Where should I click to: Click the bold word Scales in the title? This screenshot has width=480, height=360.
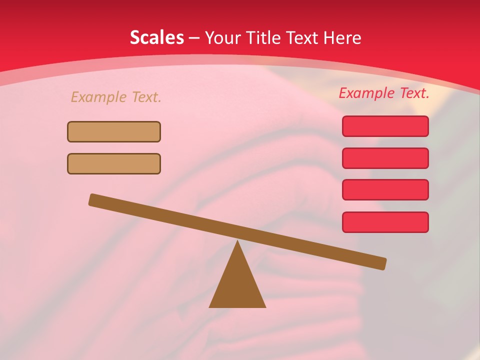tap(156, 37)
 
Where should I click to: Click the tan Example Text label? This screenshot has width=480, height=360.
tap(116, 97)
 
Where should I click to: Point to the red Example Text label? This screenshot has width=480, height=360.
tap(384, 93)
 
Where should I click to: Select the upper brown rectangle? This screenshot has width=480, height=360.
tap(114, 131)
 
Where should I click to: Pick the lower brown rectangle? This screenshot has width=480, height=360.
tap(114, 163)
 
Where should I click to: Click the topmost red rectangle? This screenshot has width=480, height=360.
tap(385, 126)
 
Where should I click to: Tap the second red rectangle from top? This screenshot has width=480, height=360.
tap(385, 158)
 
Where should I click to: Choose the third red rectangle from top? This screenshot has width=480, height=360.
tap(385, 190)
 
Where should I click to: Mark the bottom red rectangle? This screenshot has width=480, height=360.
tap(385, 222)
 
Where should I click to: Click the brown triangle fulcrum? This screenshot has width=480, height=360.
tap(237, 285)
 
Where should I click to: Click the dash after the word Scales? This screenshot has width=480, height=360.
tap(194, 38)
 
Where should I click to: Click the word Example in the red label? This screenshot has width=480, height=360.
tap(366, 93)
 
